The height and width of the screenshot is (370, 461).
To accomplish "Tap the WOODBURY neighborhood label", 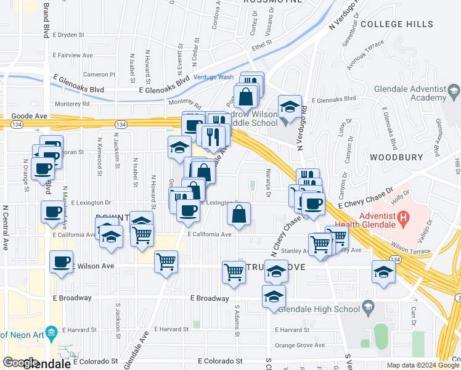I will pos(395,157).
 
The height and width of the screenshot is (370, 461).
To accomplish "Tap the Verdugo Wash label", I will pos(213,77).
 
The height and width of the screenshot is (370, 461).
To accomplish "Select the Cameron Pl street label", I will pos(99,75).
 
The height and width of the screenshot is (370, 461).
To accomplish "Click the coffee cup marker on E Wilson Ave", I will pos(62,261).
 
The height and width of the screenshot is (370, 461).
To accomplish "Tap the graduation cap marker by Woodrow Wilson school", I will pos(289,107).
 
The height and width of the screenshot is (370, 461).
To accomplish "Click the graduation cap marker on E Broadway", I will pos(274,297).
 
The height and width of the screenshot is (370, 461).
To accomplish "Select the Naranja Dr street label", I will pos(268,184).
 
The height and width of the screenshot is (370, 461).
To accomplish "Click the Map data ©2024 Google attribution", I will pos(423,365).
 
